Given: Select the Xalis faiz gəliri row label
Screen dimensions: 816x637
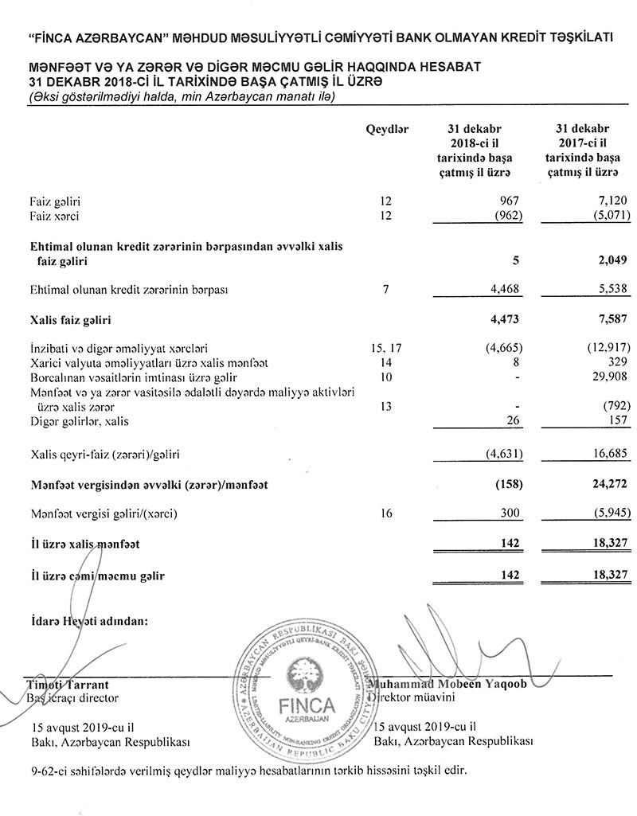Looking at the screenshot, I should (70, 322).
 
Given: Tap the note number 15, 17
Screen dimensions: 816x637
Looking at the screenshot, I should (386, 348).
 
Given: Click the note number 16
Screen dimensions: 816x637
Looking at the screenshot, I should (386, 513).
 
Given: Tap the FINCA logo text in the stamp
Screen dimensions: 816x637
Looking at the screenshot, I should (308, 705).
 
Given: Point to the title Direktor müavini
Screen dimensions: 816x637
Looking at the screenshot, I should (414, 698).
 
